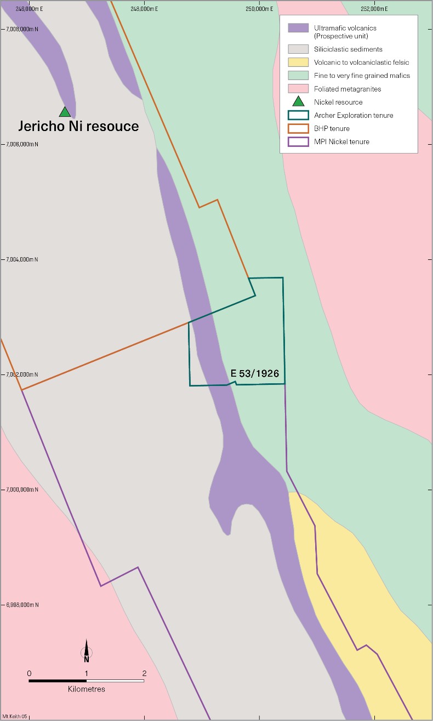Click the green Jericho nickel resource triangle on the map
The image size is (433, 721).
coord(65,112)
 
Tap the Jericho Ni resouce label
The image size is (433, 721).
coord(78,127)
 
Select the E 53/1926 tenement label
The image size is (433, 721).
coord(255,373)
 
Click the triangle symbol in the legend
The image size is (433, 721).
coord(298,101)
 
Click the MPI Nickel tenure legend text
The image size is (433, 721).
coord(341,141)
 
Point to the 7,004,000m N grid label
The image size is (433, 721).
coord(22,259)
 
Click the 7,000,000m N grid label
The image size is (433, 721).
coord(22,490)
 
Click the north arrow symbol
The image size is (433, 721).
coord(86,651)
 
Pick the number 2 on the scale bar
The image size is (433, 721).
coord(144,673)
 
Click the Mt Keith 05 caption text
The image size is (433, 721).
coord(15,716)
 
